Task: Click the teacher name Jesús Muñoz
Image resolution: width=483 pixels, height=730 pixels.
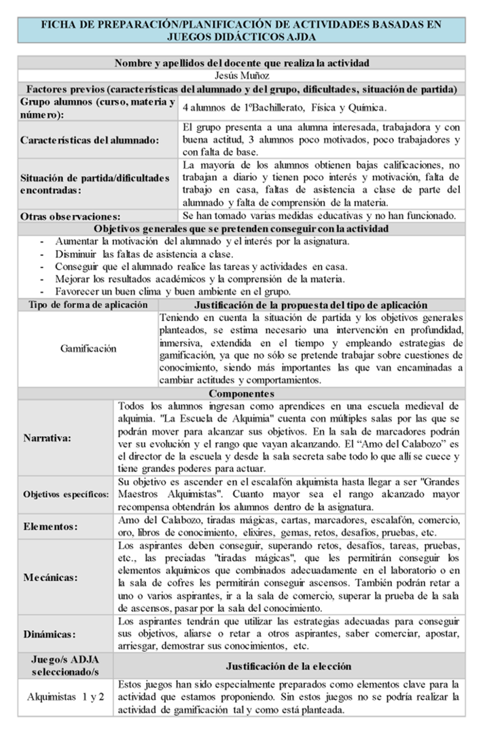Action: click(x=242, y=76)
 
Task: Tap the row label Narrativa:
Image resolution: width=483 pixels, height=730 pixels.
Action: click(x=48, y=438)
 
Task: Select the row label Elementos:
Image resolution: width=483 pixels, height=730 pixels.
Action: click(x=50, y=526)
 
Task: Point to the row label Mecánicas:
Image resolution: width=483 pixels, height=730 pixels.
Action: click(x=50, y=578)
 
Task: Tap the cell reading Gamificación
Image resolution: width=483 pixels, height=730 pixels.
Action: click(x=88, y=349)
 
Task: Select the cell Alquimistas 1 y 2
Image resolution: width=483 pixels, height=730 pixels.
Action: click(x=66, y=697)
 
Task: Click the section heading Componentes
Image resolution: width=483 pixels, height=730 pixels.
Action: click(x=242, y=393)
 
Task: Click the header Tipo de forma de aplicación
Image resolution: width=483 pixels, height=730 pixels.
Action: click(x=88, y=305)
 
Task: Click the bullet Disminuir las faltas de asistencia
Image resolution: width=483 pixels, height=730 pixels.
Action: click(x=147, y=254)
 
